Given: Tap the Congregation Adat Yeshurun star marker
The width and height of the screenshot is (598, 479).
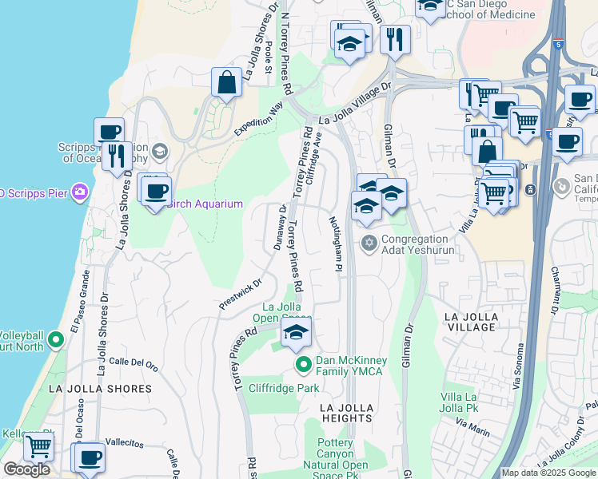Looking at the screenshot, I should click(369, 242).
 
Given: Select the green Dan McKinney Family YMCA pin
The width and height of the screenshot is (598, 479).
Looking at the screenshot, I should click(303, 366).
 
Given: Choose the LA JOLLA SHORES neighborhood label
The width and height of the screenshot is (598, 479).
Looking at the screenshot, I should click(100, 389).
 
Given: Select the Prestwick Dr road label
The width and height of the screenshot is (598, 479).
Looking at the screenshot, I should click(241, 294).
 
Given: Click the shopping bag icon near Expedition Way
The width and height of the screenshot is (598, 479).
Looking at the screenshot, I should click(227, 81).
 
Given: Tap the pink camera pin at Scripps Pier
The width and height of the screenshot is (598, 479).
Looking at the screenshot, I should click(79, 191).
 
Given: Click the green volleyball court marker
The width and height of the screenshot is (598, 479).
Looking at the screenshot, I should click(55, 341).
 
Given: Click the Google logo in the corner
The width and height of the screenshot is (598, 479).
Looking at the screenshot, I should click(26, 469).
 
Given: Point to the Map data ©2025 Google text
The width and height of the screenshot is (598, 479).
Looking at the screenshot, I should click(548, 473).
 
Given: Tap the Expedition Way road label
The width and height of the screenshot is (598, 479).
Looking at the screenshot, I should click(259, 119).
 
